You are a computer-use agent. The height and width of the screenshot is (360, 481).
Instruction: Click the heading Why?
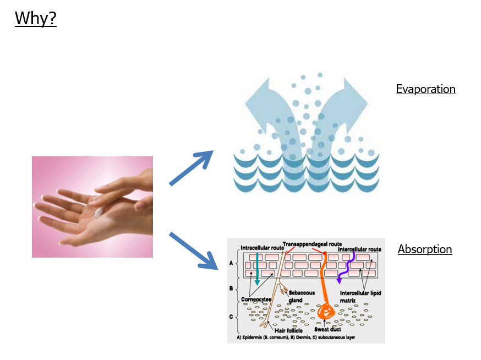pos(36,18)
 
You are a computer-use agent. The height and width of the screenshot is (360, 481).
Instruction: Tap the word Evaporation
pos(425,89)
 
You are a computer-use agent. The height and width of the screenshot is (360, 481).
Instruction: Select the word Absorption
pos(424,249)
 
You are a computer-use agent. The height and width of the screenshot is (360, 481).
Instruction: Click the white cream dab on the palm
pos(99,212)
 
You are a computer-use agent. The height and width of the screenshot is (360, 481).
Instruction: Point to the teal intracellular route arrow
pos(256,269)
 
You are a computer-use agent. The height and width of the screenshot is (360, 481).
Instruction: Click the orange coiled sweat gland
pos(325,312)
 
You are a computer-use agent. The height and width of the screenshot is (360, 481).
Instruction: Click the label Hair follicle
pos(288,330)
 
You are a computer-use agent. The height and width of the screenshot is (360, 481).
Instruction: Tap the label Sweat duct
pos(329,329)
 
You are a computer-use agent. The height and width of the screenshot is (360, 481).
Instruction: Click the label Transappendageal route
pos(313,243)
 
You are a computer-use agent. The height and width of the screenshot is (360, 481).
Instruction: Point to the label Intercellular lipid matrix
pos(360,297)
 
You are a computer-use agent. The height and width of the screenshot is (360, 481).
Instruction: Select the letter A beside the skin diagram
pos(231,263)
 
